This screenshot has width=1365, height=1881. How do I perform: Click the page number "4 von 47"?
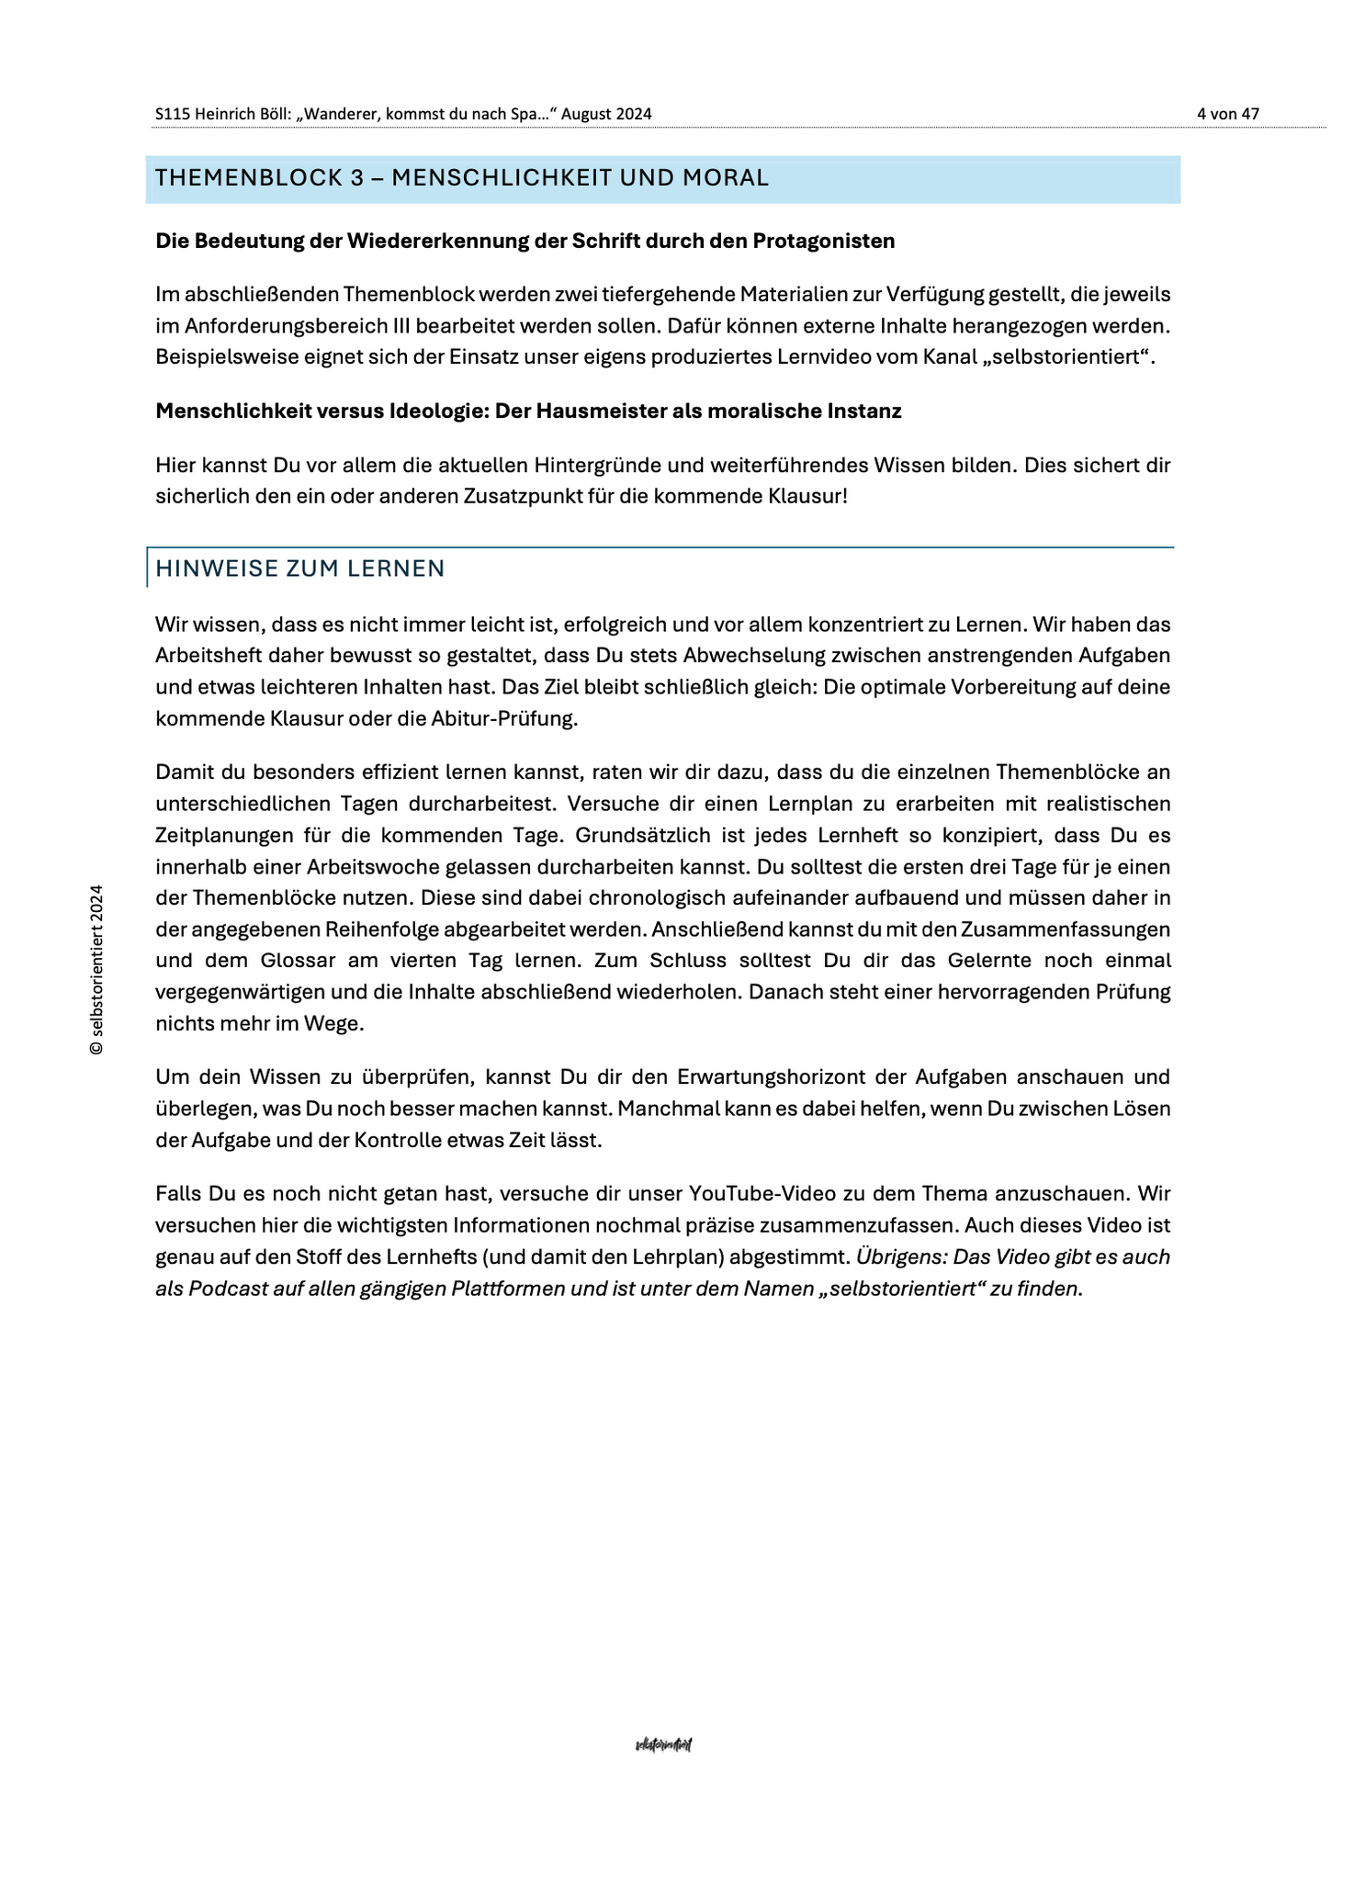click(x=1227, y=114)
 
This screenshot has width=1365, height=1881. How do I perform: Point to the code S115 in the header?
click(x=173, y=114)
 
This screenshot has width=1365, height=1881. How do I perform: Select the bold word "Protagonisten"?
click(x=824, y=241)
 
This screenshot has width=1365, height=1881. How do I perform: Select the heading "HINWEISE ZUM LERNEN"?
click(x=300, y=569)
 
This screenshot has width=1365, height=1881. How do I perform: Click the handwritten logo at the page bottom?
click(x=663, y=1744)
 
